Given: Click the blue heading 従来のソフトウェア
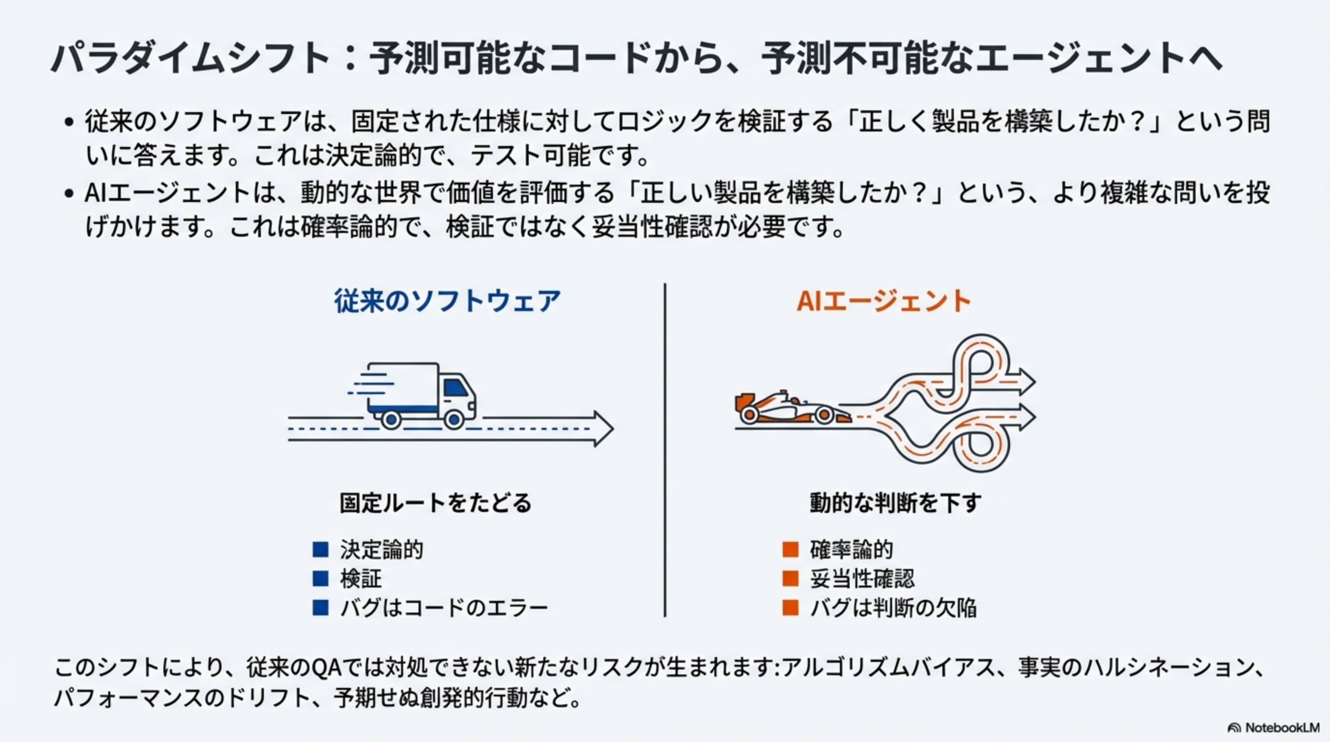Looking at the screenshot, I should tap(447, 301).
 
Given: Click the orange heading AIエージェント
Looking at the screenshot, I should tap(883, 301).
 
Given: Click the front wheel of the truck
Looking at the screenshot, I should tap(454, 420).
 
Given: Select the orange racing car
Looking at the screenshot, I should tap(790, 409).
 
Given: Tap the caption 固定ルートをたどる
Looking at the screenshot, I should tap(435, 502).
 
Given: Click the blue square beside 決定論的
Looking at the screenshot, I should tap(320, 550).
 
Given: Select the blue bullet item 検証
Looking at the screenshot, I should tap(361, 579).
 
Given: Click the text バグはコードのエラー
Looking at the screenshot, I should tap(444, 608).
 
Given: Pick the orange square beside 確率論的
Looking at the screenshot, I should tap(791, 550).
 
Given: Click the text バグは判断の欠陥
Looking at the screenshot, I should tap(893, 608).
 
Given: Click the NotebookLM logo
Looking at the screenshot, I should tap(1273, 728).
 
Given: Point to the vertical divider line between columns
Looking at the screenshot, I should tap(665, 449).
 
